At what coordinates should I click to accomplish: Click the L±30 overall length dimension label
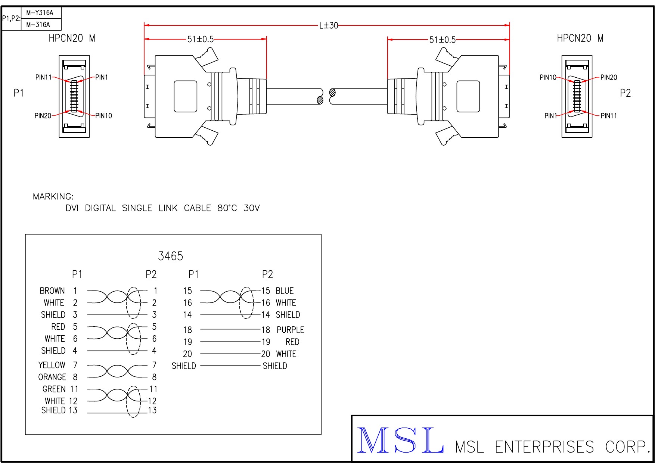(x=329, y=25)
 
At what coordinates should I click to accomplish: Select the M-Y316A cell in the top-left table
(x=40, y=13)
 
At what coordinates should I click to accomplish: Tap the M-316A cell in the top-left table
(x=38, y=25)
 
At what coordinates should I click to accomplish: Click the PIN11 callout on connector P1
(x=43, y=77)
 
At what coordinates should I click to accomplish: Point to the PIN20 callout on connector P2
(x=609, y=77)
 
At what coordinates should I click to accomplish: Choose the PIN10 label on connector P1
(x=103, y=116)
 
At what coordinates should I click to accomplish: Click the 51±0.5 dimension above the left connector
(x=201, y=39)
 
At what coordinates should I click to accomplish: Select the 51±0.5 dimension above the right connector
(x=443, y=40)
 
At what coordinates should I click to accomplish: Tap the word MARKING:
(x=53, y=196)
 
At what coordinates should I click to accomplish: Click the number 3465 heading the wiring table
(x=171, y=256)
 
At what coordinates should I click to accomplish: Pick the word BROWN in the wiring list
(x=52, y=291)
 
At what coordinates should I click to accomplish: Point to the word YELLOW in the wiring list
(x=52, y=365)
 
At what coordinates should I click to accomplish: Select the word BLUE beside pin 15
(x=285, y=291)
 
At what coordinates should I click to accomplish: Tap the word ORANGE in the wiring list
(x=52, y=377)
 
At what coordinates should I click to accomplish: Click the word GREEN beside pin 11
(x=54, y=389)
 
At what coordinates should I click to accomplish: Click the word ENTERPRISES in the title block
(x=544, y=447)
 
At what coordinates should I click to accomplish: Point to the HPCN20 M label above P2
(x=580, y=38)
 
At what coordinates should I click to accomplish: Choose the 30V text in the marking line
(x=252, y=208)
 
